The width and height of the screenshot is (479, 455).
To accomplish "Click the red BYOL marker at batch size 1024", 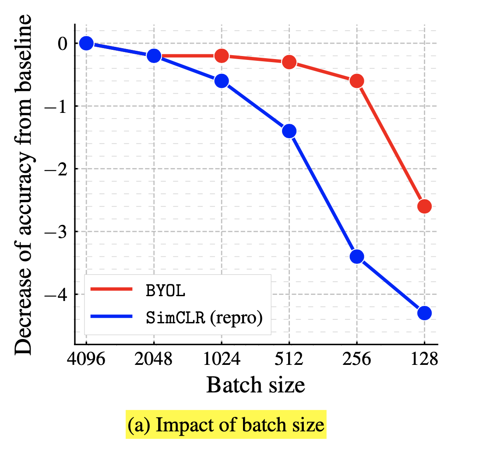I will click(222, 56).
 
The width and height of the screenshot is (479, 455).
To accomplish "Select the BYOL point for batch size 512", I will click(289, 62).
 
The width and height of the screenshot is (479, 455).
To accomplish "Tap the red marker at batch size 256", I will click(357, 81).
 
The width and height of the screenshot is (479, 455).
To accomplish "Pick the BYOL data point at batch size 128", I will click(424, 206).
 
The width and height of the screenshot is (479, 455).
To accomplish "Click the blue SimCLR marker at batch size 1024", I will click(222, 81).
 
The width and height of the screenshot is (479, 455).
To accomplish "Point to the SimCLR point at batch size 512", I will click(289, 131).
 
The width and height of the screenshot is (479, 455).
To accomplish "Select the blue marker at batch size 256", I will click(357, 256).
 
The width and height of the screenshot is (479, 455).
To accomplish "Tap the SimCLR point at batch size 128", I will click(424, 313).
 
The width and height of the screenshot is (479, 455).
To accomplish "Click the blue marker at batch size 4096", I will click(86, 43).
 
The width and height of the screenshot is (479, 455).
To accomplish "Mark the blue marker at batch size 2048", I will click(154, 56).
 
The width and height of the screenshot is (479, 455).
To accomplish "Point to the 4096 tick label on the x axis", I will click(86, 360).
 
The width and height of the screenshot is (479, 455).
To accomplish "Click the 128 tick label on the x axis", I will click(424, 360).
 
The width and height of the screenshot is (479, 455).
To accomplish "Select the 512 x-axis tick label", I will click(289, 360).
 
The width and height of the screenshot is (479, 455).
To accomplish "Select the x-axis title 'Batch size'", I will click(255, 385).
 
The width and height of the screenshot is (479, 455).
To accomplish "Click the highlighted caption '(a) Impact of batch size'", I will click(226, 424).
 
